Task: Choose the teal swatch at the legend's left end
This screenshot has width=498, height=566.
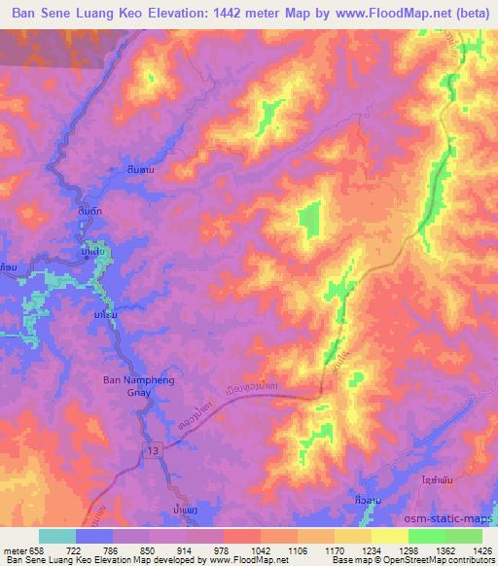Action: [x=56, y=536]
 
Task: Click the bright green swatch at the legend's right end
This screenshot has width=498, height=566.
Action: [x=464, y=536]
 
